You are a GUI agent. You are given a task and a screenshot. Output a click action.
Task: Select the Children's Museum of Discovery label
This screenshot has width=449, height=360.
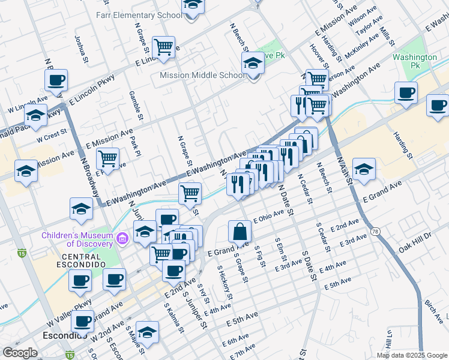pos(77,239)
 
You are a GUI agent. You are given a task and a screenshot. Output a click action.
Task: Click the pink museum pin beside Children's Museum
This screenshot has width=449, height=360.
pos(123,239)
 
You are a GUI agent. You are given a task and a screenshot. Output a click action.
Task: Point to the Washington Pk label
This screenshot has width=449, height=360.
pos(415,61)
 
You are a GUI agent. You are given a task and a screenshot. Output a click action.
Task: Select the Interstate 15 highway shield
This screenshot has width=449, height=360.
pos(22,253)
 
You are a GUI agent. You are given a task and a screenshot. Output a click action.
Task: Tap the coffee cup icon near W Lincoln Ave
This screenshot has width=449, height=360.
pos(56,80)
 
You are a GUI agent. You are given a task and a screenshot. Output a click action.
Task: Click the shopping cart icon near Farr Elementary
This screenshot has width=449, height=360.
pos(163,46)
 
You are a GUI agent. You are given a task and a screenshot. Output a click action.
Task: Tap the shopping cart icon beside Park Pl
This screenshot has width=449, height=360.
pos(107,158)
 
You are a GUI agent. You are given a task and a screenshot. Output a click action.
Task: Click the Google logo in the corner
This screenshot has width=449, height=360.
pos(20,353)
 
